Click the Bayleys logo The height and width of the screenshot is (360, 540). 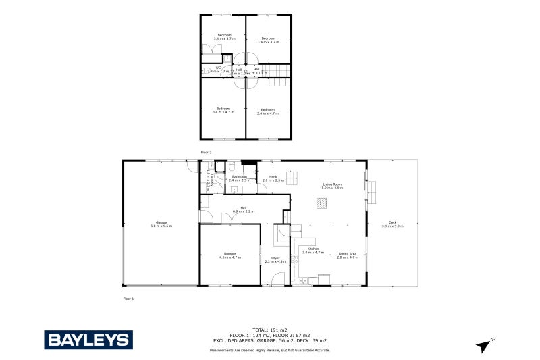pyautogui.click(x=88, y=339)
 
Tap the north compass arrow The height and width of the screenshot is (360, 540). pyautogui.click(x=484, y=346)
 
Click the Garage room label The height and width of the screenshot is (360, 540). pyautogui.click(x=161, y=224)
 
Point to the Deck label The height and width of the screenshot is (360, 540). pyautogui.click(x=392, y=224)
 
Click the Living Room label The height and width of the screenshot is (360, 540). pyautogui.click(x=332, y=186)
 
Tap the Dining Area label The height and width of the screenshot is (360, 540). pyautogui.click(x=347, y=255)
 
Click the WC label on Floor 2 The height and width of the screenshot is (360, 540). pyautogui.click(x=219, y=68)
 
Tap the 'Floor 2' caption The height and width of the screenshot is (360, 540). pyautogui.click(x=206, y=153)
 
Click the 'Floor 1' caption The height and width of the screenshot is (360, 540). pyautogui.click(x=128, y=298)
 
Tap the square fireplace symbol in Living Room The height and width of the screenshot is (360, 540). pyautogui.click(x=322, y=201)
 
